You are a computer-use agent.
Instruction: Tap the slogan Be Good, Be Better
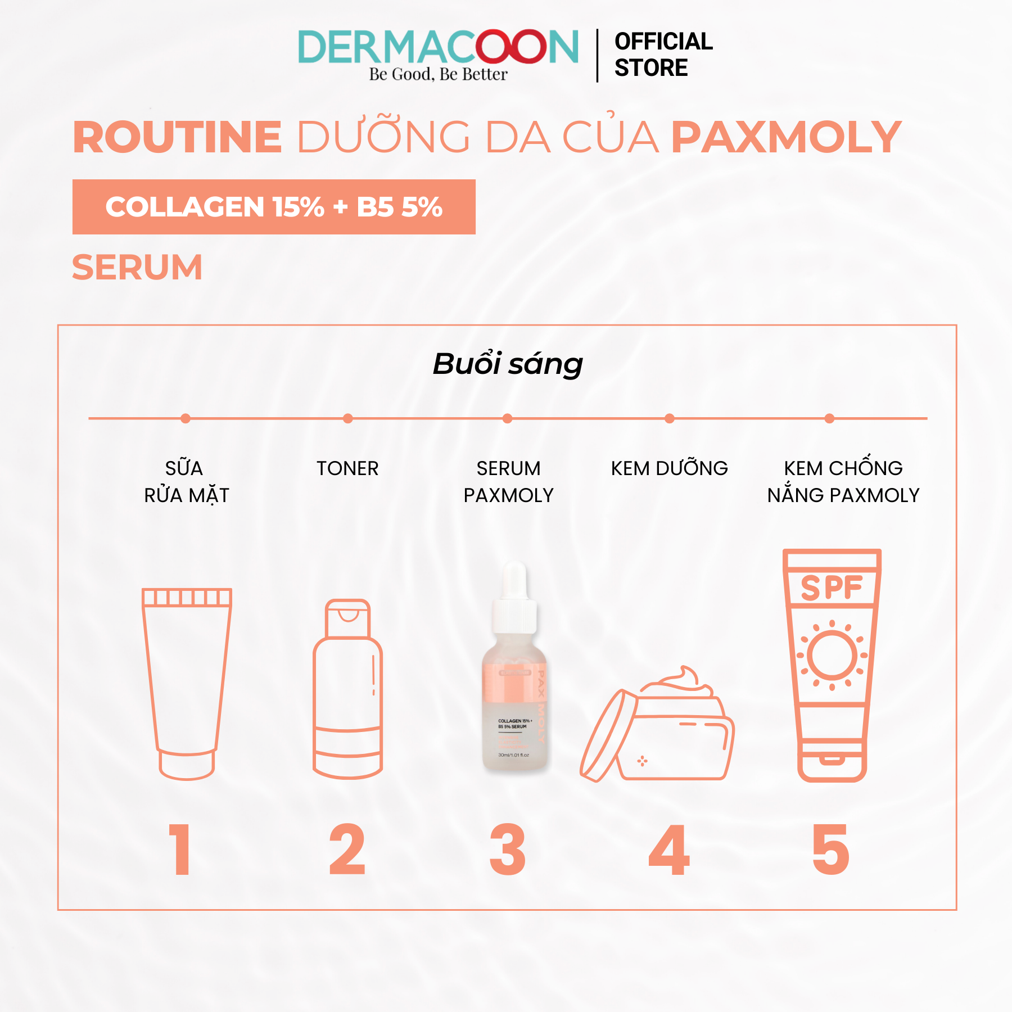pos(438,74)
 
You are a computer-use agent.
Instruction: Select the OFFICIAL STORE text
pos(663,55)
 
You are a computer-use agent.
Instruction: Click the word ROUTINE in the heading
pos(177,137)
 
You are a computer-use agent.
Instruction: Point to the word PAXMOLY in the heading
pos(786,137)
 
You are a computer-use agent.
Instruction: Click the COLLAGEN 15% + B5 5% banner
pos(274,207)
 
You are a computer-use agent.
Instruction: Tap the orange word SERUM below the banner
pos(137,267)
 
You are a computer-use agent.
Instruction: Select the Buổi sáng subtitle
pos(507,364)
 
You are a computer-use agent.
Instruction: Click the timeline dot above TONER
pos(348,418)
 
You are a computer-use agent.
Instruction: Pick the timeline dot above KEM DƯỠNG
pos(669,418)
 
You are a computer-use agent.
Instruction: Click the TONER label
pos(347,468)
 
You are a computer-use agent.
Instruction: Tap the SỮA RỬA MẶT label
pos(186,482)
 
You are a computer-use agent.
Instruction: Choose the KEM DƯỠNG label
pos(669,468)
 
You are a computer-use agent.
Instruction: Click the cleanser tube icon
pos(187,683)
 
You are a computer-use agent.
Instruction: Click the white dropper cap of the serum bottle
pos(514,599)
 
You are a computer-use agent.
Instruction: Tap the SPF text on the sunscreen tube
pos(832,588)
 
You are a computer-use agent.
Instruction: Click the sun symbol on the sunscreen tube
pos(832,655)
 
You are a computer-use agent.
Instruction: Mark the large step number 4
pos(669,850)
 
